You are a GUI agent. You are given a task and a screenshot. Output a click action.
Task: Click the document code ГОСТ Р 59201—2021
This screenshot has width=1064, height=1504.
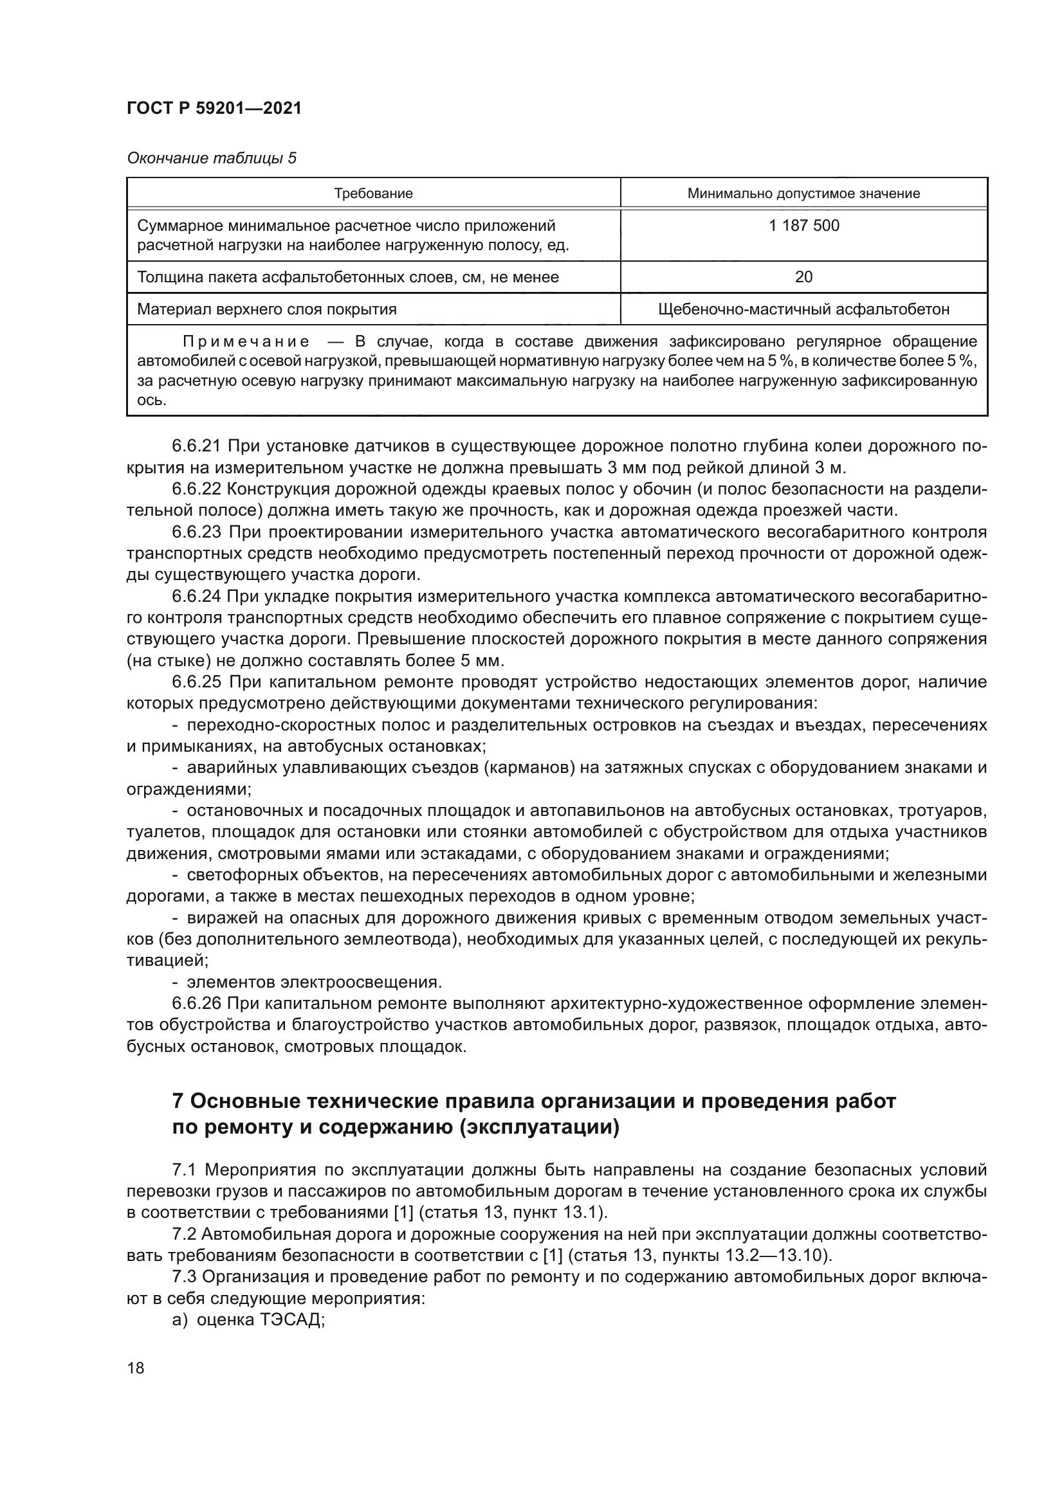tap(214, 109)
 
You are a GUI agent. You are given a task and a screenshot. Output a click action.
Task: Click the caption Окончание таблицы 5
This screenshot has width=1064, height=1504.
tap(212, 159)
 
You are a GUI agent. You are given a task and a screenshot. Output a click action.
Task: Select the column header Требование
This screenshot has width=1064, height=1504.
tap(374, 194)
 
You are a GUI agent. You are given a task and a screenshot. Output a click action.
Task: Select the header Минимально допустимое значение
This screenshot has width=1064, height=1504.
tap(803, 194)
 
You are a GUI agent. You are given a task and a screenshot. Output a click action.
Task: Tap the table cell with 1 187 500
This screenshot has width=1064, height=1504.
tap(803, 226)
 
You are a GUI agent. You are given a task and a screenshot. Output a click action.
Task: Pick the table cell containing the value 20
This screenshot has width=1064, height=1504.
tap(803, 277)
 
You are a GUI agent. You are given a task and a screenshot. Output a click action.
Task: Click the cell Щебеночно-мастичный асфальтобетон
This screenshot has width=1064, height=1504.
tap(803, 309)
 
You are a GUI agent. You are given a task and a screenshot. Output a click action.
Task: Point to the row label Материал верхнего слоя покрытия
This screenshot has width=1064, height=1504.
tap(267, 309)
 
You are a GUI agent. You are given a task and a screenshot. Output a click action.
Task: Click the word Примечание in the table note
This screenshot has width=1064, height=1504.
tap(246, 342)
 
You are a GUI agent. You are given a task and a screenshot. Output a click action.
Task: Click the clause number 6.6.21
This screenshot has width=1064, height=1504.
tap(197, 447)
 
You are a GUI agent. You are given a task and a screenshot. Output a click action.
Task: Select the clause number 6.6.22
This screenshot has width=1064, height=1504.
tap(197, 489)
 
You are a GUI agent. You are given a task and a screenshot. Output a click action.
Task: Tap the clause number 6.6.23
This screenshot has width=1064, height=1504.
tap(197, 532)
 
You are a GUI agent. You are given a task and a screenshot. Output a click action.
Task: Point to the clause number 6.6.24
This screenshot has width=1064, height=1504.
tap(197, 597)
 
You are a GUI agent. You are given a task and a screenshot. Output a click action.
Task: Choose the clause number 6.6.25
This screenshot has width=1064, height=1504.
tap(197, 683)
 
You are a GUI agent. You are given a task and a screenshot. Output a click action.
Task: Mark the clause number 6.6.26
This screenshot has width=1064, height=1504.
tap(197, 1004)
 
